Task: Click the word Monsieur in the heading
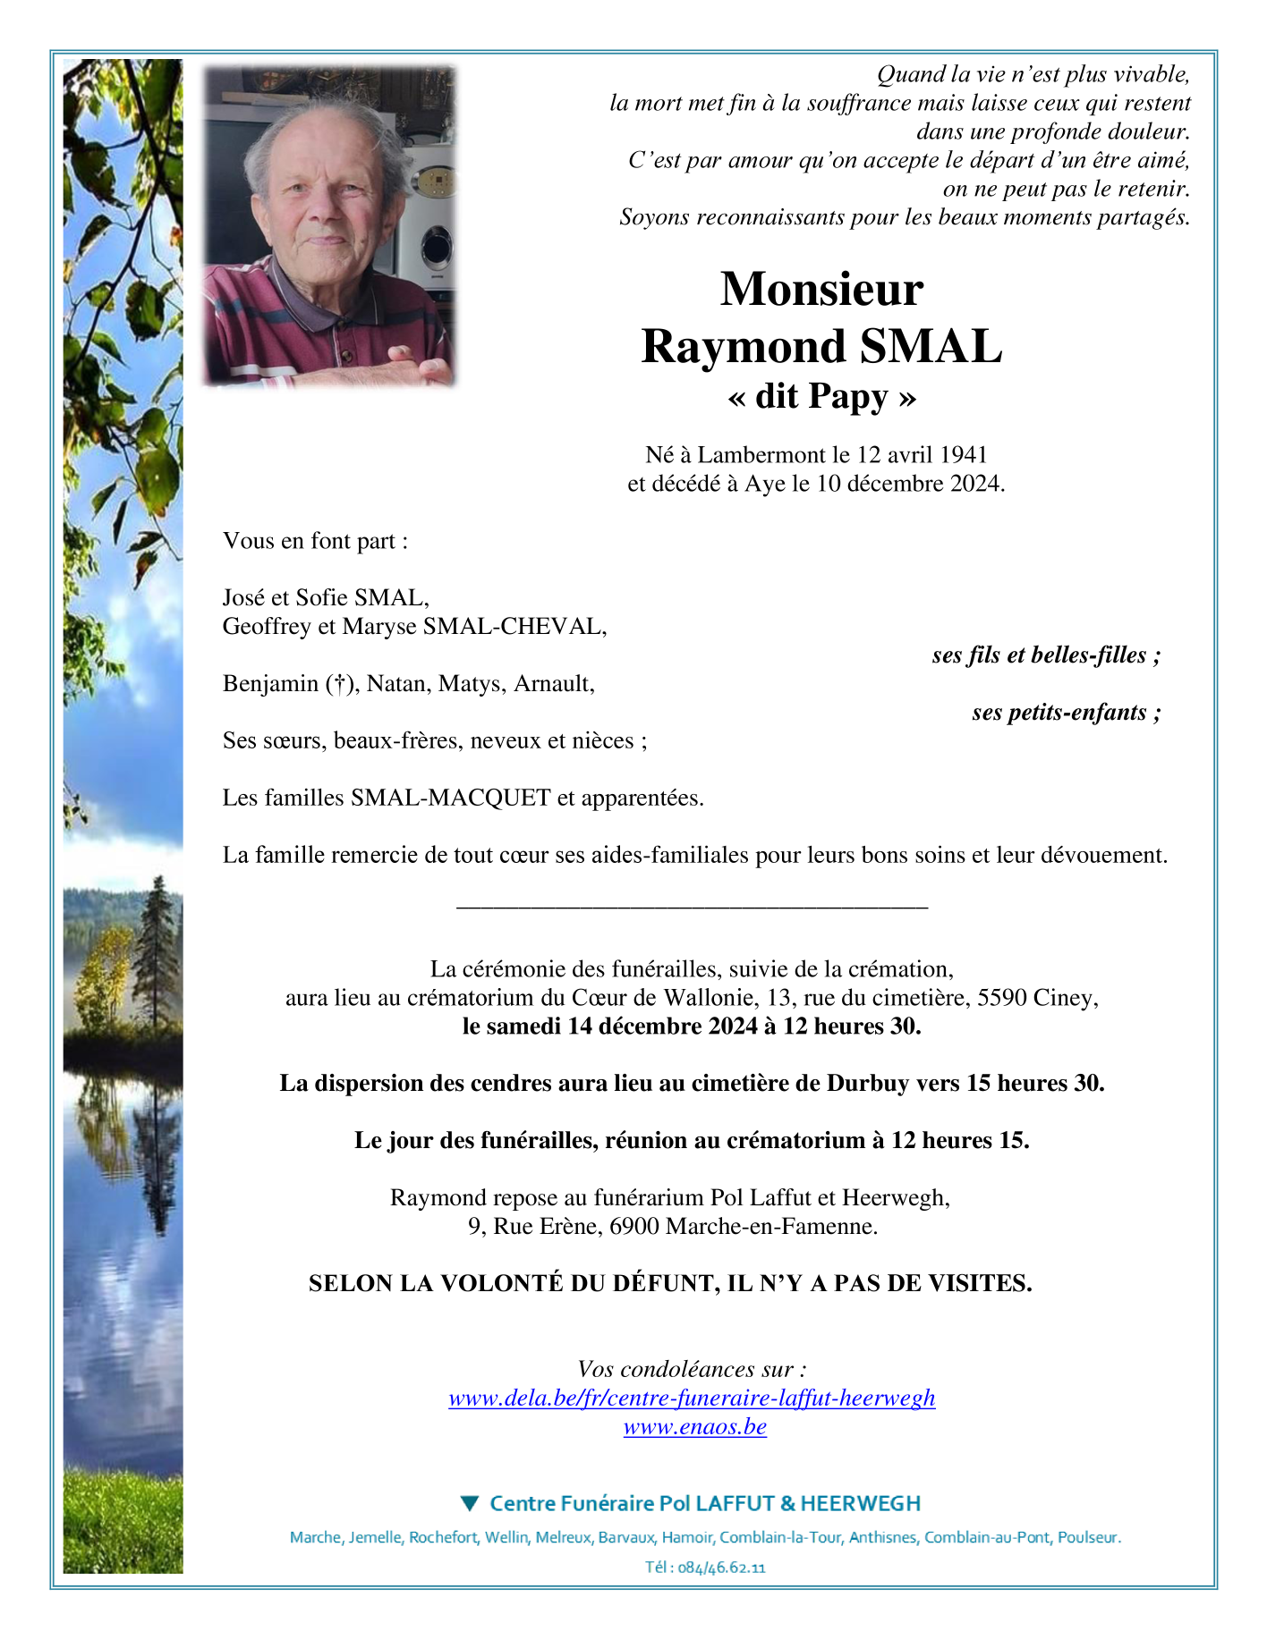821,290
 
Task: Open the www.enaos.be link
694,1426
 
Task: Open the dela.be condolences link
692,1398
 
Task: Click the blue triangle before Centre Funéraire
470,1503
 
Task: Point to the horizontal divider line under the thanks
692,908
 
